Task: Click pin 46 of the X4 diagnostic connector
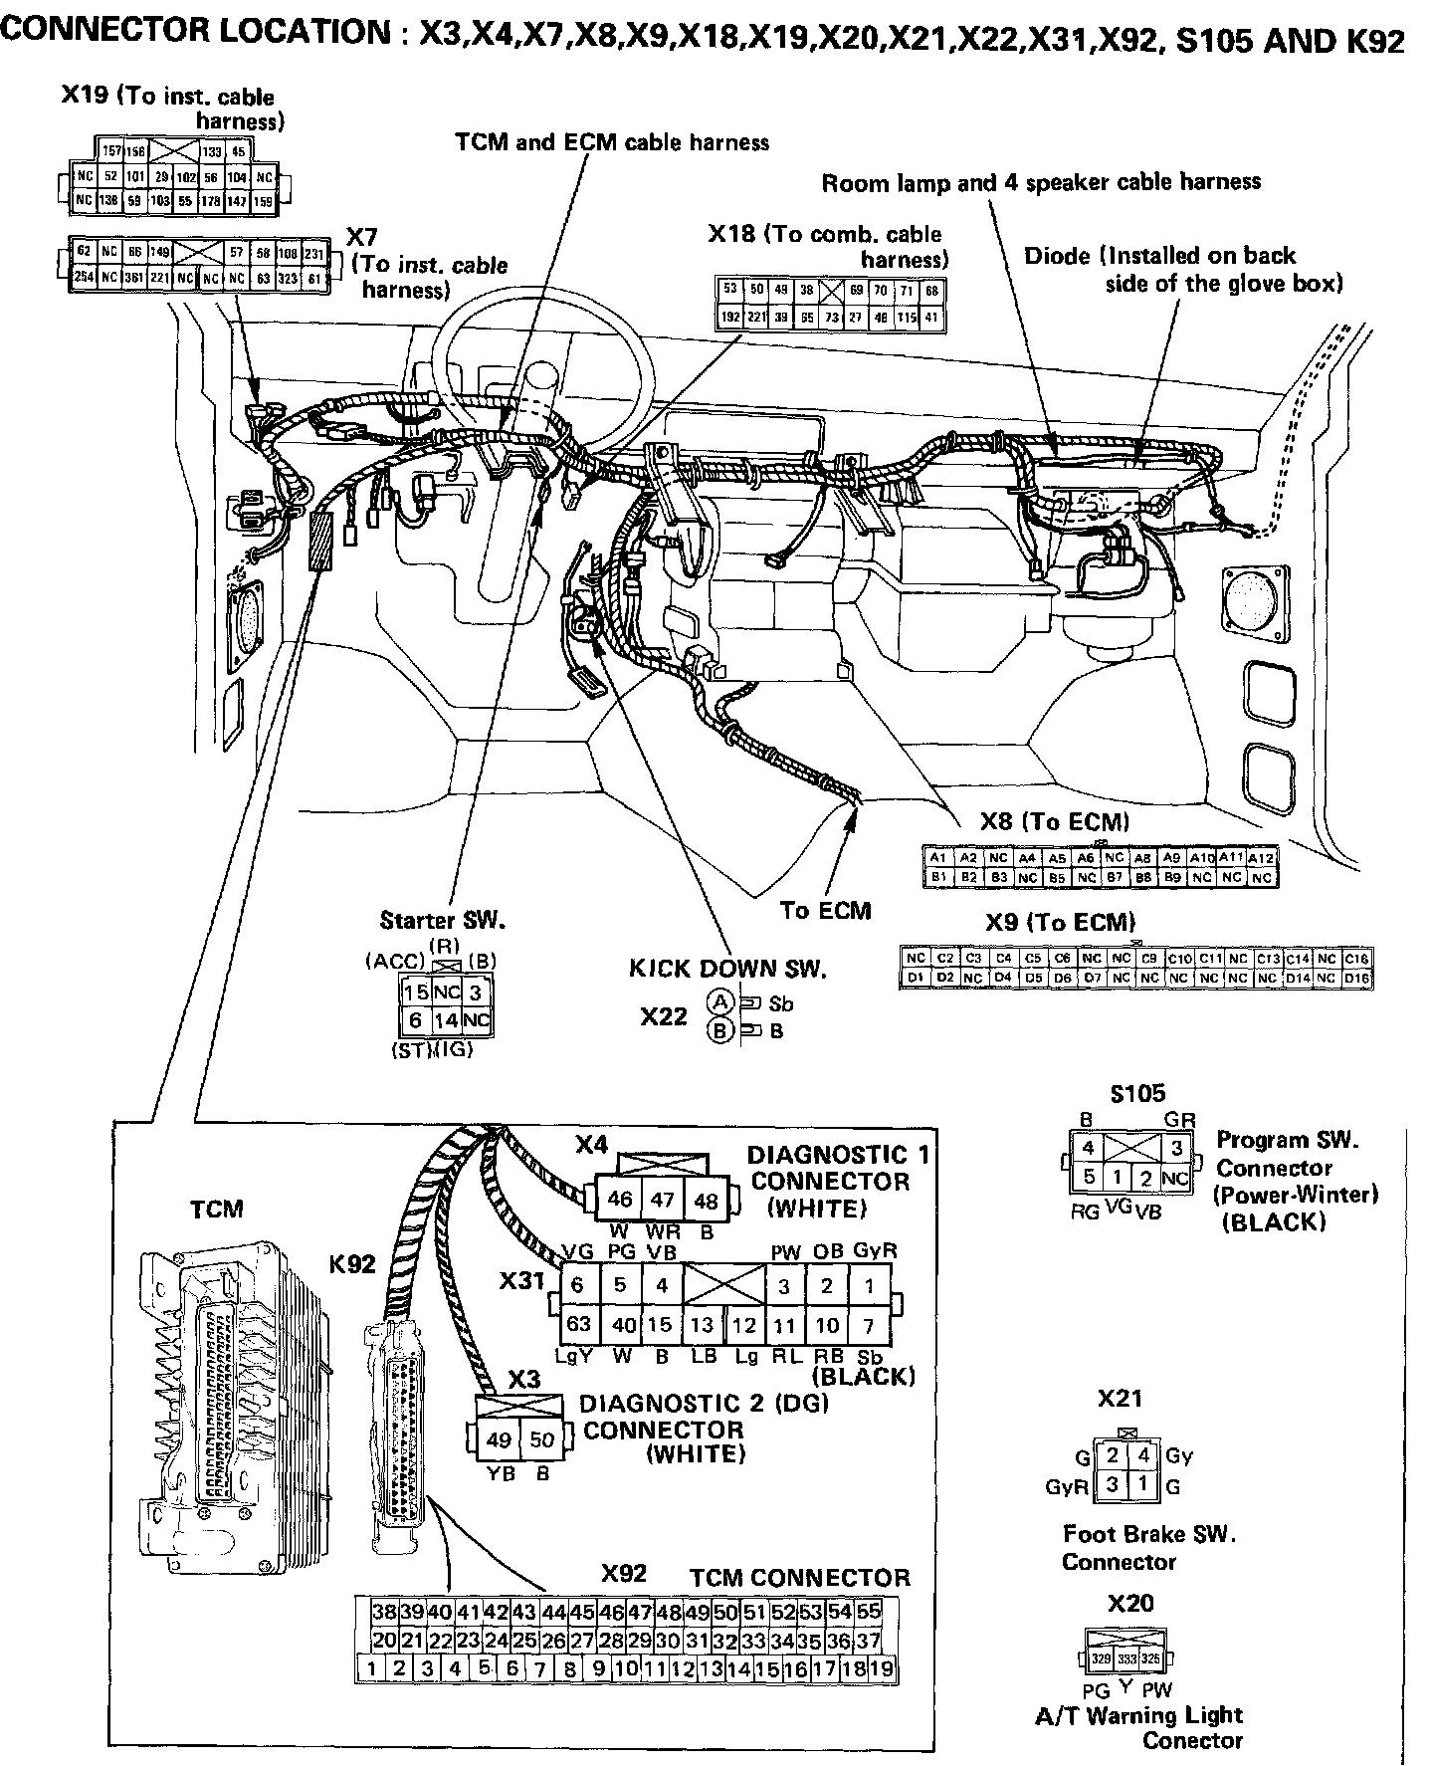[x=619, y=1200]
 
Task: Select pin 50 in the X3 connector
[x=541, y=1439]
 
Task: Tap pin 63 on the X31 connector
[x=578, y=1325]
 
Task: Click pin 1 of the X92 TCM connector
[x=371, y=1668]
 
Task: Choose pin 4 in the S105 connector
[x=1089, y=1148]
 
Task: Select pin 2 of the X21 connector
[x=1113, y=1456]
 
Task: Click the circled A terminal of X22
[x=718, y=1002]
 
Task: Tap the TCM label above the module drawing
[x=217, y=1209]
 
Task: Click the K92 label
[x=352, y=1264]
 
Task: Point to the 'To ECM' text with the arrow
[x=825, y=910]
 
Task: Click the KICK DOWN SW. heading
[x=727, y=968]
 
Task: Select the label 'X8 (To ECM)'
[x=1055, y=822]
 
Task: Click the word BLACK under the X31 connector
[x=863, y=1377]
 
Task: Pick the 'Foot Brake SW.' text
[x=1149, y=1534]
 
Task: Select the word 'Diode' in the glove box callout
[x=1057, y=256]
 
